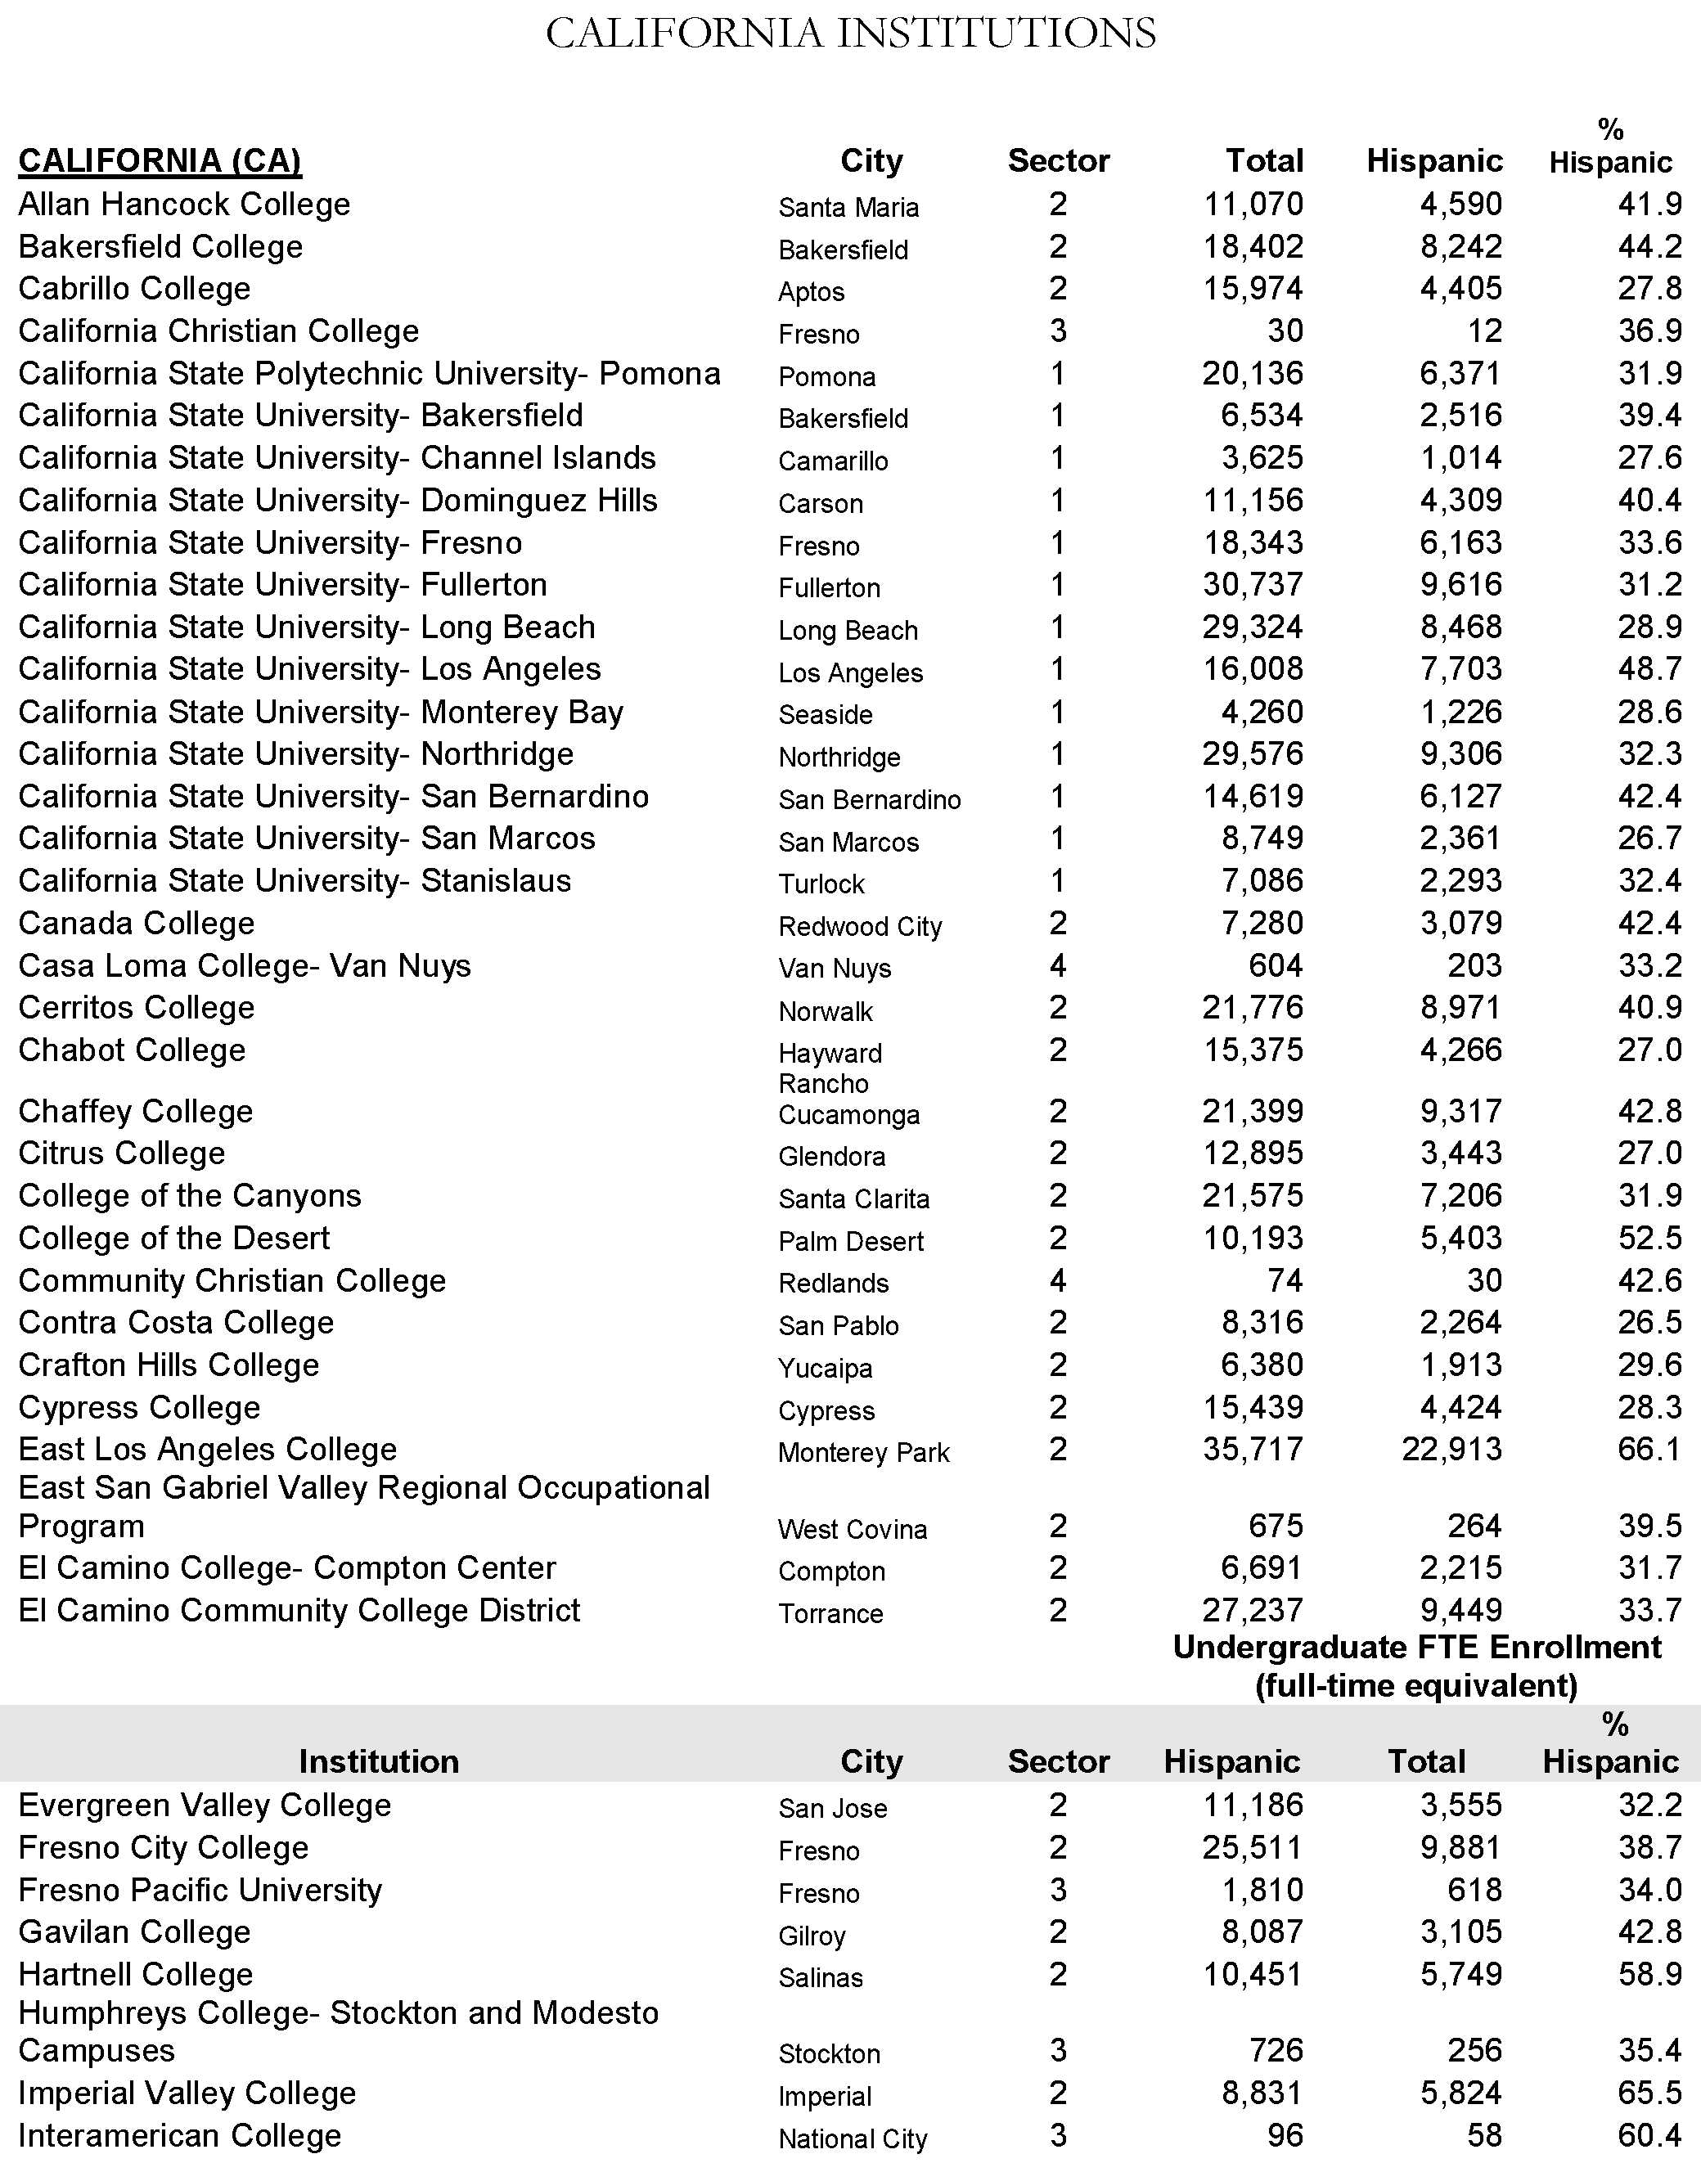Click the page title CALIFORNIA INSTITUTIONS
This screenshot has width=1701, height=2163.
coord(851,33)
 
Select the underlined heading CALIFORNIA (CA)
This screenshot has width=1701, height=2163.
coord(160,160)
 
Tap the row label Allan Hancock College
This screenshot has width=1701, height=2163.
coord(184,205)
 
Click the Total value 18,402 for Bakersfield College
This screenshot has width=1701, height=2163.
coord(1253,247)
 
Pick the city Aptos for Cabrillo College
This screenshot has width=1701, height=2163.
coord(811,292)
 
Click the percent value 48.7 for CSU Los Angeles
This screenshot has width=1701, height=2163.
coord(1649,669)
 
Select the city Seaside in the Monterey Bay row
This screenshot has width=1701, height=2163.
coord(825,714)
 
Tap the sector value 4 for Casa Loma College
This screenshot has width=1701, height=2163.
coord(1058,965)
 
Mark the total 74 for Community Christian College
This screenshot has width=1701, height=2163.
coord(1285,1279)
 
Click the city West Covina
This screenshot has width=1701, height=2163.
coord(852,1529)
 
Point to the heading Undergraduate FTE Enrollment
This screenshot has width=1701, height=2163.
coord(1416,1647)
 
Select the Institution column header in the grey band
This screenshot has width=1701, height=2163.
coord(379,1761)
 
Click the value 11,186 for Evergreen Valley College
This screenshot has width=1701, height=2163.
coord(1253,1805)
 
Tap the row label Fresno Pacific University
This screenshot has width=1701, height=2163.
coord(200,1889)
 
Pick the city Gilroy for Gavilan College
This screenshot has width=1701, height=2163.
coord(812,1935)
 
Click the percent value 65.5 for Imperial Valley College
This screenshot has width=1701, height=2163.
coord(1649,2093)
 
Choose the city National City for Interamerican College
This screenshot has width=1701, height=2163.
coord(853,2138)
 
